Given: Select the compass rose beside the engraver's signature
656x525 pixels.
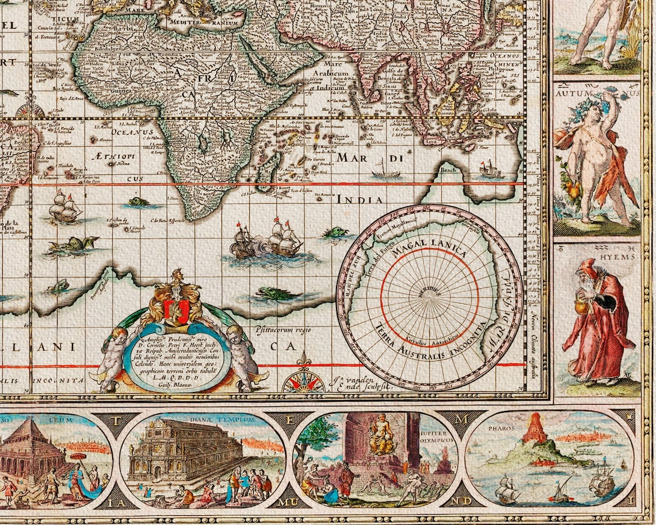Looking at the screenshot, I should [x=303, y=381].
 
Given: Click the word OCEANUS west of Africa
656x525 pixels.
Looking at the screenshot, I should [x=132, y=131].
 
